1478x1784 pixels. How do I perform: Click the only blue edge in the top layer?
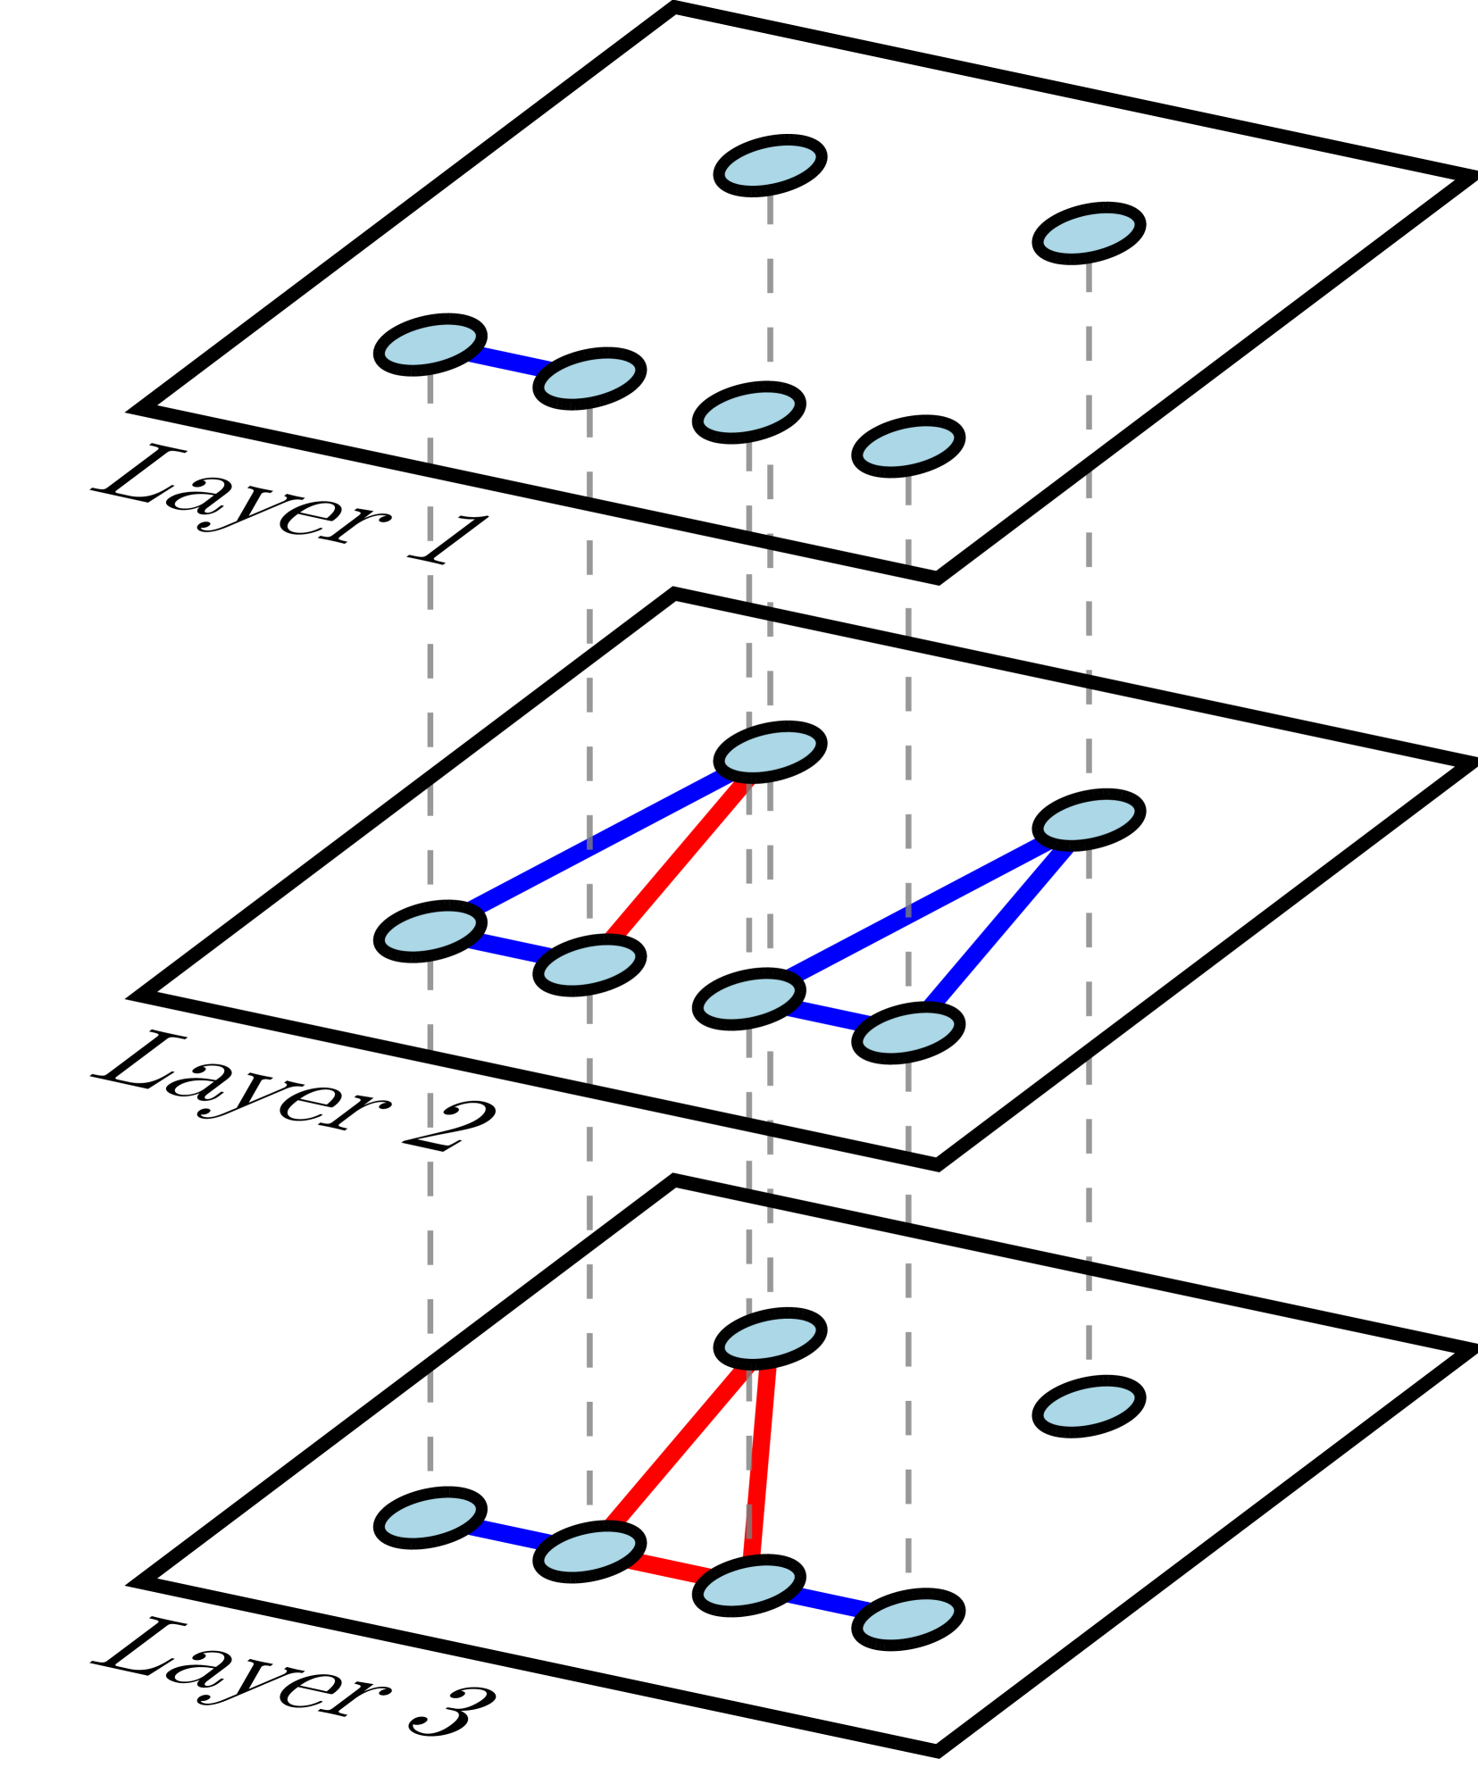(x=509, y=362)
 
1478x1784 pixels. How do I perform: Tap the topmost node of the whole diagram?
(x=770, y=166)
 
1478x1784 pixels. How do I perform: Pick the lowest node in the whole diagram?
(x=908, y=1620)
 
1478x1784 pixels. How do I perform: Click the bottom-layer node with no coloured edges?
(x=1089, y=1407)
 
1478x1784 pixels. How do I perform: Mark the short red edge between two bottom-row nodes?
(x=669, y=1569)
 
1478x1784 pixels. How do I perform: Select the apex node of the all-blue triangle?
(x=1089, y=820)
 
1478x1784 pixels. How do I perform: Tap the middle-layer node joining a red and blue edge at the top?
(x=770, y=752)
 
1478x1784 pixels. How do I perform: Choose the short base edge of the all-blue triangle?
(x=828, y=1016)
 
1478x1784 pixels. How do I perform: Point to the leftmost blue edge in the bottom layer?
(x=509, y=1535)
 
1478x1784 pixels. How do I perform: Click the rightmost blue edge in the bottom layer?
(x=828, y=1603)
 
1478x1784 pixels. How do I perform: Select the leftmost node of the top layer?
(x=430, y=345)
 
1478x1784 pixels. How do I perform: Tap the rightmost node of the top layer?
(x=1089, y=233)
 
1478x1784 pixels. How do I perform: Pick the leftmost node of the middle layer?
(x=430, y=931)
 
